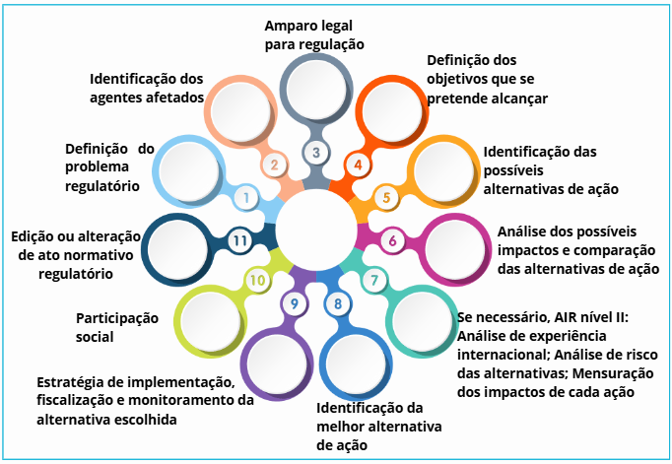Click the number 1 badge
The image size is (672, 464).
(x=244, y=198)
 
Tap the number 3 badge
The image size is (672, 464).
(x=315, y=153)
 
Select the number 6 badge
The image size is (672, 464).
(x=392, y=239)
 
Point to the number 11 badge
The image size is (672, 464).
(x=237, y=240)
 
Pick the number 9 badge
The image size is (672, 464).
(x=294, y=303)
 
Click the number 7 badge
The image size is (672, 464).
(x=373, y=281)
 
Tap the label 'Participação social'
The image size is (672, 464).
(x=116, y=327)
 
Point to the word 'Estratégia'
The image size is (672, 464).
(x=71, y=382)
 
